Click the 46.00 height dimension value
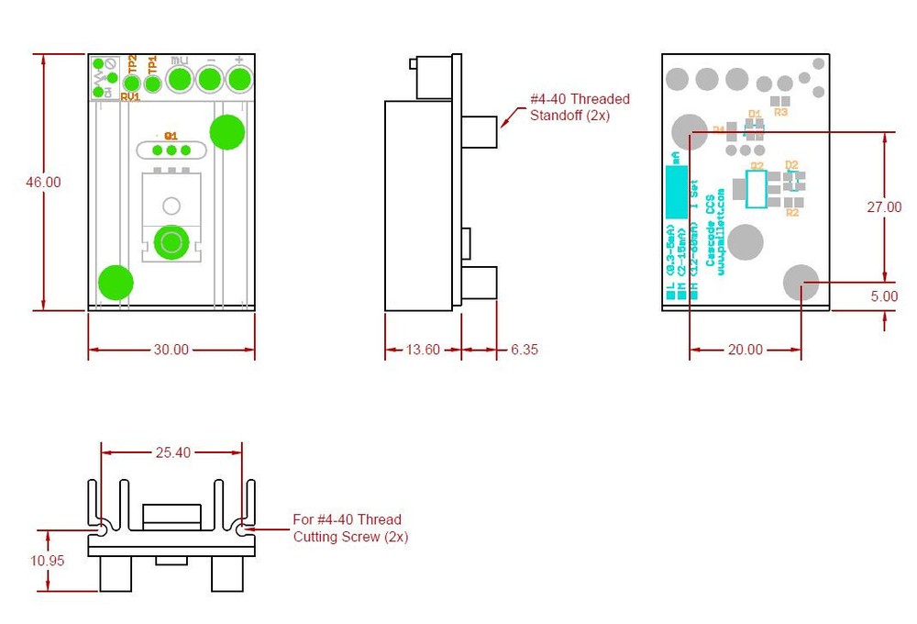[x=43, y=183]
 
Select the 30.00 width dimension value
[x=171, y=350]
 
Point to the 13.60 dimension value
[x=422, y=350]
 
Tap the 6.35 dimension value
[x=523, y=350]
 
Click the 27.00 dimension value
[x=884, y=207]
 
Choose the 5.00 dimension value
[x=884, y=296]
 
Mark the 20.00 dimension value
[x=745, y=350]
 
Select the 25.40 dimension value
[x=171, y=452]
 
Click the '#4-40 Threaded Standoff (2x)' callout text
[x=580, y=107]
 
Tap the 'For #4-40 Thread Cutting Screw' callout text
[x=350, y=529]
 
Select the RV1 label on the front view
[x=129, y=96]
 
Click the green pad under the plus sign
[x=238, y=81]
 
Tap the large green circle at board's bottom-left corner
[x=116, y=283]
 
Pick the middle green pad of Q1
[x=171, y=150]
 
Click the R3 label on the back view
[x=781, y=112]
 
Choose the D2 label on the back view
[x=791, y=165]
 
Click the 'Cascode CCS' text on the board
[x=710, y=235]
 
